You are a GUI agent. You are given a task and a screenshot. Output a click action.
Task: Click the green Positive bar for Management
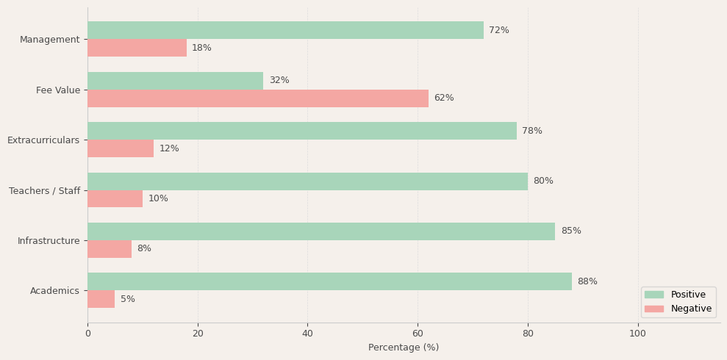pyautogui.click(x=285, y=30)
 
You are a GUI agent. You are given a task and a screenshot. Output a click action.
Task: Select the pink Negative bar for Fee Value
pyautogui.click(x=258, y=98)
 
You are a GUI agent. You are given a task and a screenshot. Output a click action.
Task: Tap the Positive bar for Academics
pyautogui.click(x=329, y=281)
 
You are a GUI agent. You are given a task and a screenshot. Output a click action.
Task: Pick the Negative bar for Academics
pyautogui.click(x=101, y=299)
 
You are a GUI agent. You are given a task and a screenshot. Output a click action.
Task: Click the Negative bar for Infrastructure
pyautogui.click(x=110, y=249)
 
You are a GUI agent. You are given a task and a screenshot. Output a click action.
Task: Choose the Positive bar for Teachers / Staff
pyautogui.click(x=307, y=181)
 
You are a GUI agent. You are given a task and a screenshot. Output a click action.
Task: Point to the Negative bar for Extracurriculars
pyautogui.click(x=121, y=148)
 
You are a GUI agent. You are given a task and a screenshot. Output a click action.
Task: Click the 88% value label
pyautogui.click(x=587, y=281)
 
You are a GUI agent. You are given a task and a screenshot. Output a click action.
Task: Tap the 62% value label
pyautogui.click(x=444, y=98)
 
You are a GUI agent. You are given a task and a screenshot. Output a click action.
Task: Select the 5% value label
pyautogui.click(x=128, y=299)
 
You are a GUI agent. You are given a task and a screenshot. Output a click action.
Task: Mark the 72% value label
pyautogui.click(x=499, y=30)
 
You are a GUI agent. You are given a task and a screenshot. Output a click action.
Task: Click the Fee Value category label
pyautogui.click(x=58, y=90)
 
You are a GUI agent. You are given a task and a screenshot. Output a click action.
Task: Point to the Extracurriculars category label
pyautogui.click(x=43, y=140)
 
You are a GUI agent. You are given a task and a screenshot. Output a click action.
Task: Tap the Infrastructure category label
pyautogui.click(x=49, y=241)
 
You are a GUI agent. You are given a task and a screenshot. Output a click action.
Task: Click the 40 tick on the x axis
pyautogui.click(x=307, y=334)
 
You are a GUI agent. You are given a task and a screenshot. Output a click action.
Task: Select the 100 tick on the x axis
pyautogui.click(x=638, y=334)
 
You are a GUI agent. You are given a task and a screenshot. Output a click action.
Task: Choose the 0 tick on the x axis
pyautogui.click(x=87, y=334)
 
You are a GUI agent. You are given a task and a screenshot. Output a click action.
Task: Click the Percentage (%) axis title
pyautogui.click(x=404, y=348)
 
